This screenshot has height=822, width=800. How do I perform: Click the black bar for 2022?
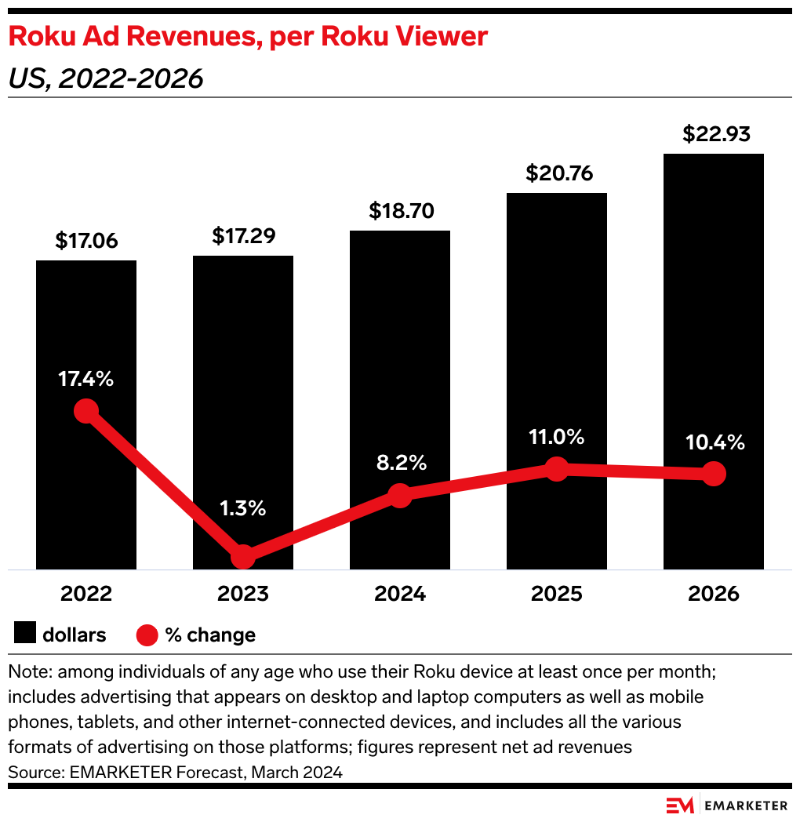86,329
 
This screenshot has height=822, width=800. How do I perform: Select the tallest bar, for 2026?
713,314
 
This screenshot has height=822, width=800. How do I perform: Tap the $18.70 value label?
400,211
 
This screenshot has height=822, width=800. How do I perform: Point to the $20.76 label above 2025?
557,173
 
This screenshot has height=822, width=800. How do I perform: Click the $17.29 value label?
243,235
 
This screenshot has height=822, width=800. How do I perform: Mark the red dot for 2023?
243,557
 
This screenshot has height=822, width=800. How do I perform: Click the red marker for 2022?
86,410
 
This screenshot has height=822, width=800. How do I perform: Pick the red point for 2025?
557,469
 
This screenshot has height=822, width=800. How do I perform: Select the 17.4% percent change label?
86,380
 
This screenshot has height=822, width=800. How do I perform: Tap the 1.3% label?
243,507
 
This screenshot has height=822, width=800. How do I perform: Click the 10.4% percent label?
713,442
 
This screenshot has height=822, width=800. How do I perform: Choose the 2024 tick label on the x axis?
400,594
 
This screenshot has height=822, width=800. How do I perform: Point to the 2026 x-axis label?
713,594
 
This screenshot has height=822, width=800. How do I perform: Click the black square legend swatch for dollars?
25,634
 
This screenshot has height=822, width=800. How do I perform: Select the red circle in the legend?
148,635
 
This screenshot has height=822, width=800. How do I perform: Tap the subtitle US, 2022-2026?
105,78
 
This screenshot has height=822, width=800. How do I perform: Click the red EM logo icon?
680,806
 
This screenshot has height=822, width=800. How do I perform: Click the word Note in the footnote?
30,673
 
